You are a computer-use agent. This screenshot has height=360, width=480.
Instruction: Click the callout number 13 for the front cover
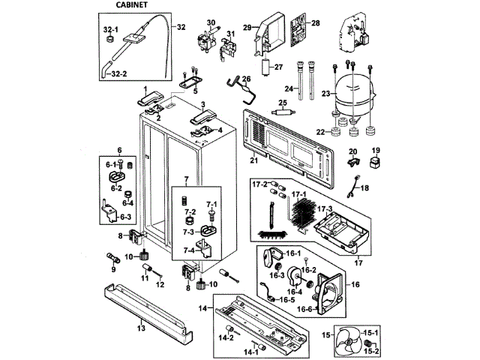tap(140, 328)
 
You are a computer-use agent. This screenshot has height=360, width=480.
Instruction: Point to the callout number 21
tap(253, 160)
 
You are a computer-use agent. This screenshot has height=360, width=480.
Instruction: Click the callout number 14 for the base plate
tap(202, 308)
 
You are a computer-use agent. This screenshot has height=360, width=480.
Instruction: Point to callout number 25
tap(283, 103)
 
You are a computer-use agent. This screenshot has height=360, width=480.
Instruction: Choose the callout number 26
tap(245, 79)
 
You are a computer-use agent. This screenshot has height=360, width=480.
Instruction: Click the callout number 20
tap(351, 152)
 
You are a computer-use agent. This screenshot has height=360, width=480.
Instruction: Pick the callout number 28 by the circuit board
tap(315, 24)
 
